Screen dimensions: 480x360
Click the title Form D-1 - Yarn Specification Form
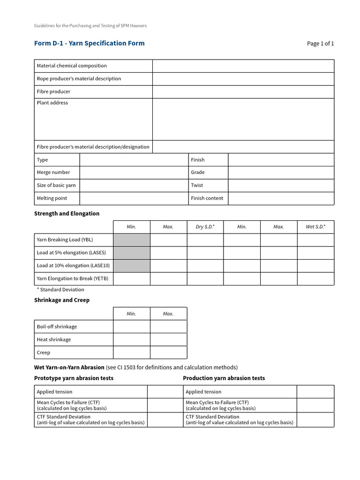(89, 44)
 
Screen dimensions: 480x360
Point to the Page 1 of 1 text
(320, 44)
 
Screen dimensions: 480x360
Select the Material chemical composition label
(72, 66)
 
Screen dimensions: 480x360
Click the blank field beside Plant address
(243, 119)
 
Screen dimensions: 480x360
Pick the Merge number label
(53, 172)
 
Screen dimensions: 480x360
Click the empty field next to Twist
(281, 185)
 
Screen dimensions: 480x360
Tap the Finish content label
(207, 198)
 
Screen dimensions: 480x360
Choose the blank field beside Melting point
(134, 198)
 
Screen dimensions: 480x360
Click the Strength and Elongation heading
(67, 214)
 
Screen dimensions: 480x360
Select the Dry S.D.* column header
(205, 227)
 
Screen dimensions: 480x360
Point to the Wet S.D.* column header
(315, 227)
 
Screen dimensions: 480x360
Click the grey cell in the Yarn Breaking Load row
(131, 240)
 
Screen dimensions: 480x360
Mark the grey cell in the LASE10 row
(131, 266)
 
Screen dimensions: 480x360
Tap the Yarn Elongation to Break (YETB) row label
(73, 279)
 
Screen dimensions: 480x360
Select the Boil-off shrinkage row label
(57, 327)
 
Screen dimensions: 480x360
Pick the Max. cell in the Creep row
(168, 352)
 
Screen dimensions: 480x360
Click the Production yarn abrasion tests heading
(224, 378)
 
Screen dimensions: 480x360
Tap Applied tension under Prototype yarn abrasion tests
(55, 392)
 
